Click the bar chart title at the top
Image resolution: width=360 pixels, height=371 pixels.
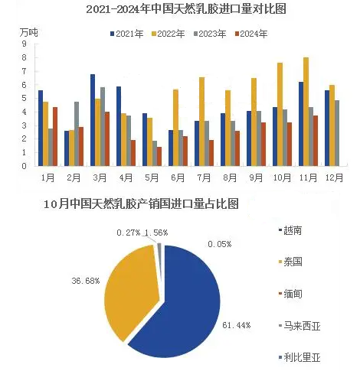[x=186, y=9]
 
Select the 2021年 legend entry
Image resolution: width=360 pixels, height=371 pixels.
[x=127, y=34]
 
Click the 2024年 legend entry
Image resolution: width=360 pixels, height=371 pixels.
[x=251, y=34]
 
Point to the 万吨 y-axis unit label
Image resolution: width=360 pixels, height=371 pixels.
[x=28, y=33]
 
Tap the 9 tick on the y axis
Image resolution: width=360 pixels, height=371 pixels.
[x=24, y=44]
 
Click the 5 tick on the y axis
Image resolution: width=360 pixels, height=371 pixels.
[x=24, y=98]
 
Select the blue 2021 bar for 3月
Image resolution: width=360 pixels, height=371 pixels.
[x=93, y=120]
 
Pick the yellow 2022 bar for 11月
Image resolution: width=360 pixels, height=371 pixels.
[x=306, y=112]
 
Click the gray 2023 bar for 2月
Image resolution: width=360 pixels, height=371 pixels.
[x=77, y=134]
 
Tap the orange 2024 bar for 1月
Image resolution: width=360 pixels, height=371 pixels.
[x=55, y=137]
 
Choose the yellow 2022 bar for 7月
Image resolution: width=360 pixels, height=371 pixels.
[x=201, y=122]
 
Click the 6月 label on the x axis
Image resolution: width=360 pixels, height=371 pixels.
[x=178, y=177]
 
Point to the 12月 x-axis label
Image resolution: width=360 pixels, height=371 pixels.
[x=334, y=177]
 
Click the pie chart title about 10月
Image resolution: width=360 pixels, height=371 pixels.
[x=141, y=204]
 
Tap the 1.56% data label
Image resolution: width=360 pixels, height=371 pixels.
[x=156, y=233]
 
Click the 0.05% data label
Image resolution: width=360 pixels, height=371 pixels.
[x=220, y=244]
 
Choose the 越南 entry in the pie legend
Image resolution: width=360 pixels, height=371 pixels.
[x=290, y=230]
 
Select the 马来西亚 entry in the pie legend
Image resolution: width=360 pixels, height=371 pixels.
[x=299, y=326]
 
